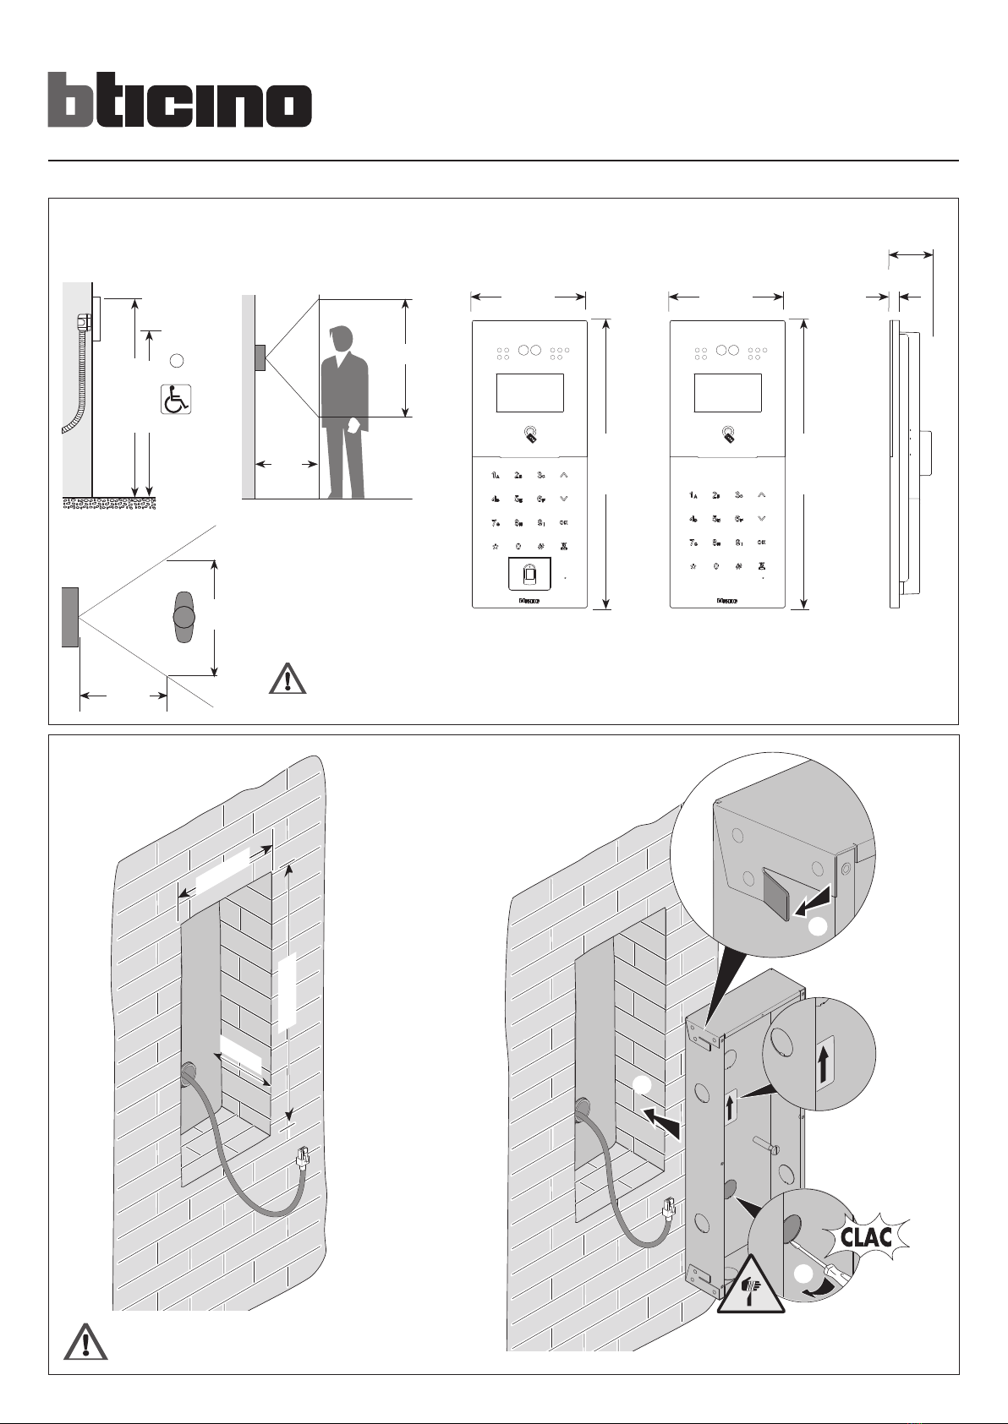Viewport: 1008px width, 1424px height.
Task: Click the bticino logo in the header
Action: [x=179, y=100]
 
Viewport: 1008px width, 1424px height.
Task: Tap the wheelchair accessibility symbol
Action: [x=176, y=399]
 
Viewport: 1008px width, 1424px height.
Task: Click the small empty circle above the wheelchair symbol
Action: [x=176, y=361]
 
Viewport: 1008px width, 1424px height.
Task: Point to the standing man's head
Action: [x=342, y=340]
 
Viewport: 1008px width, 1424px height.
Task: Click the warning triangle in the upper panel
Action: [x=288, y=679]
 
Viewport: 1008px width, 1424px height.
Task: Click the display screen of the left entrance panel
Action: [x=529, y=392]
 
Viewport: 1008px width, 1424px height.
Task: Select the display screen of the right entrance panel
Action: [x=728, y=392]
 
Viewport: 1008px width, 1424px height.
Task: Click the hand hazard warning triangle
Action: [x=751, y=1286]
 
